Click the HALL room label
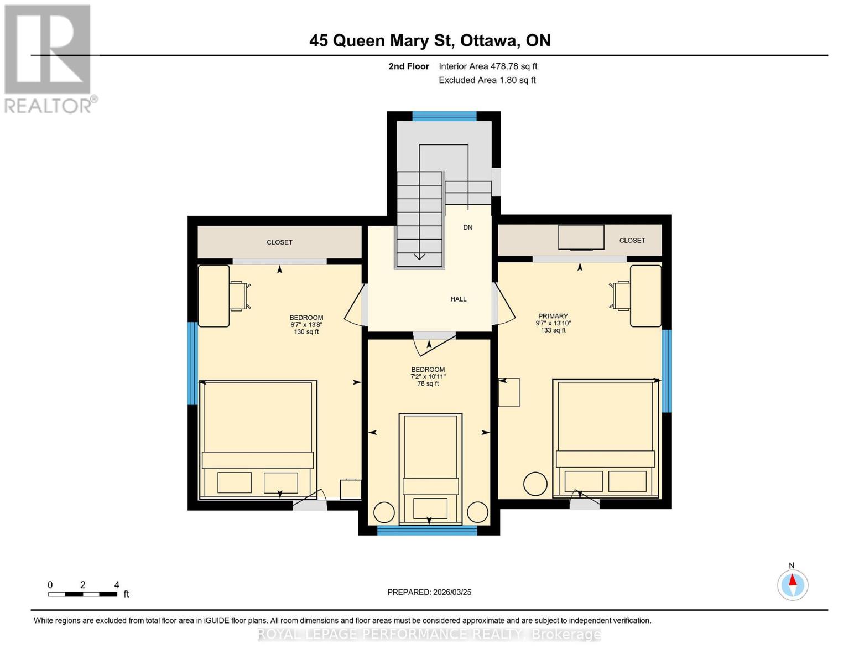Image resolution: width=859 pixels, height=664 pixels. pos(458,299)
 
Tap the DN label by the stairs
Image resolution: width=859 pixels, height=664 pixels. pos(467,227)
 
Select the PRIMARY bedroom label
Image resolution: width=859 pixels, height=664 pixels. pos(553,316)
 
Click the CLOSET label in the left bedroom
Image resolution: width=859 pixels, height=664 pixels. pos(279,242)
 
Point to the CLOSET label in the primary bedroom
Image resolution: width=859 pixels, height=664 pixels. pos(632,241)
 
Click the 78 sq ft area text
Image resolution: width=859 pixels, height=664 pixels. pos(428,383)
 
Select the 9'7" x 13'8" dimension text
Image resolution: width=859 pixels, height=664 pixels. pos(306,325)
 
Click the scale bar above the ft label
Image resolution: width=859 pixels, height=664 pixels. pos(82,594)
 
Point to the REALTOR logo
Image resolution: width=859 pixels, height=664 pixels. pos(49,59)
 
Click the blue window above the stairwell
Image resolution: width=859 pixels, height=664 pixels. pos(444,116)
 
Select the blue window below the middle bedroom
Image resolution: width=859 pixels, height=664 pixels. pos(426,530)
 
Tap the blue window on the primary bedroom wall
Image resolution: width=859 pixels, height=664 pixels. pos(667,371)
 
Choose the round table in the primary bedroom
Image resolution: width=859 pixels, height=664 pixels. pos(535,484)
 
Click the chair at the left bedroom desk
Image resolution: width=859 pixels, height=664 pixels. pos(239,295)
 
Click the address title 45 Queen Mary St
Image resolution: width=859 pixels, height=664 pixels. pos(429,40)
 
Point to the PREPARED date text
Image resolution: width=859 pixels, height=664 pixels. pos(429,592)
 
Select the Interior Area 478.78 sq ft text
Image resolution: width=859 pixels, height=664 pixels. pos(488,66)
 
